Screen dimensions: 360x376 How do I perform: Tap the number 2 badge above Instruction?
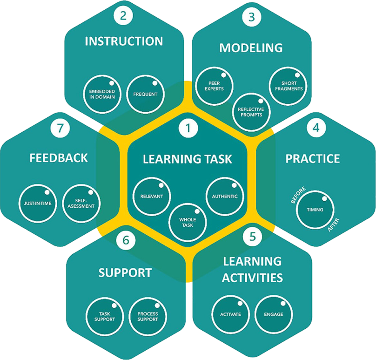point(123,16)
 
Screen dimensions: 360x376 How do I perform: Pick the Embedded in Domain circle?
point(102,94)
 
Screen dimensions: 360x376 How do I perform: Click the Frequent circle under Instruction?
point(145,94)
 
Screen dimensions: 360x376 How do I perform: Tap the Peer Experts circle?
point(214,86)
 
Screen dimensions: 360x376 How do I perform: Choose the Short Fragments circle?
point(289,86)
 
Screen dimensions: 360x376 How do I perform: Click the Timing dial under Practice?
point(315,210)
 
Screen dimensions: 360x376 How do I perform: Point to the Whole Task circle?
point(188,222)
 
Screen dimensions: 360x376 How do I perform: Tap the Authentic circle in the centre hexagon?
point(225,196)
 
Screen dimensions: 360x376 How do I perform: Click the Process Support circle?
point(148,316)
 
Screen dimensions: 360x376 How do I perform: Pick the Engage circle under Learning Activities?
point(273,314)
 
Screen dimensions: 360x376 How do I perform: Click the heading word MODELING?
point(251,48)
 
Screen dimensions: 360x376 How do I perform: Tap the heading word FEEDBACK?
point(58,158)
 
